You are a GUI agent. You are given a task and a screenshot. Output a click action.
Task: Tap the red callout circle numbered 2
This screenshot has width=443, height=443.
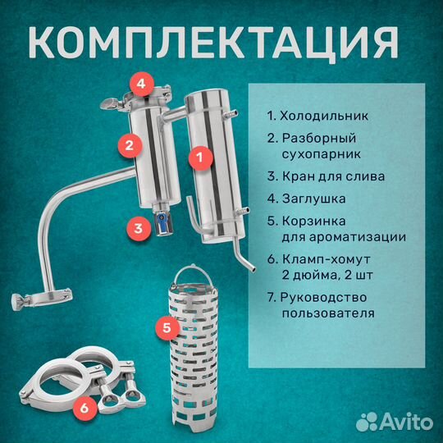point(126,146)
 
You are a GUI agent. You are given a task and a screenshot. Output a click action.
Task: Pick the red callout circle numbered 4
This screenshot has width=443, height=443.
point(141,84)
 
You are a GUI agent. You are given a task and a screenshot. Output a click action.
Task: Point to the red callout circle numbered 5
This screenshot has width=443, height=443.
point(167,329)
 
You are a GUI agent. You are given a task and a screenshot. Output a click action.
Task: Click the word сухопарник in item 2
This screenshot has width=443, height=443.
point(322,153)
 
